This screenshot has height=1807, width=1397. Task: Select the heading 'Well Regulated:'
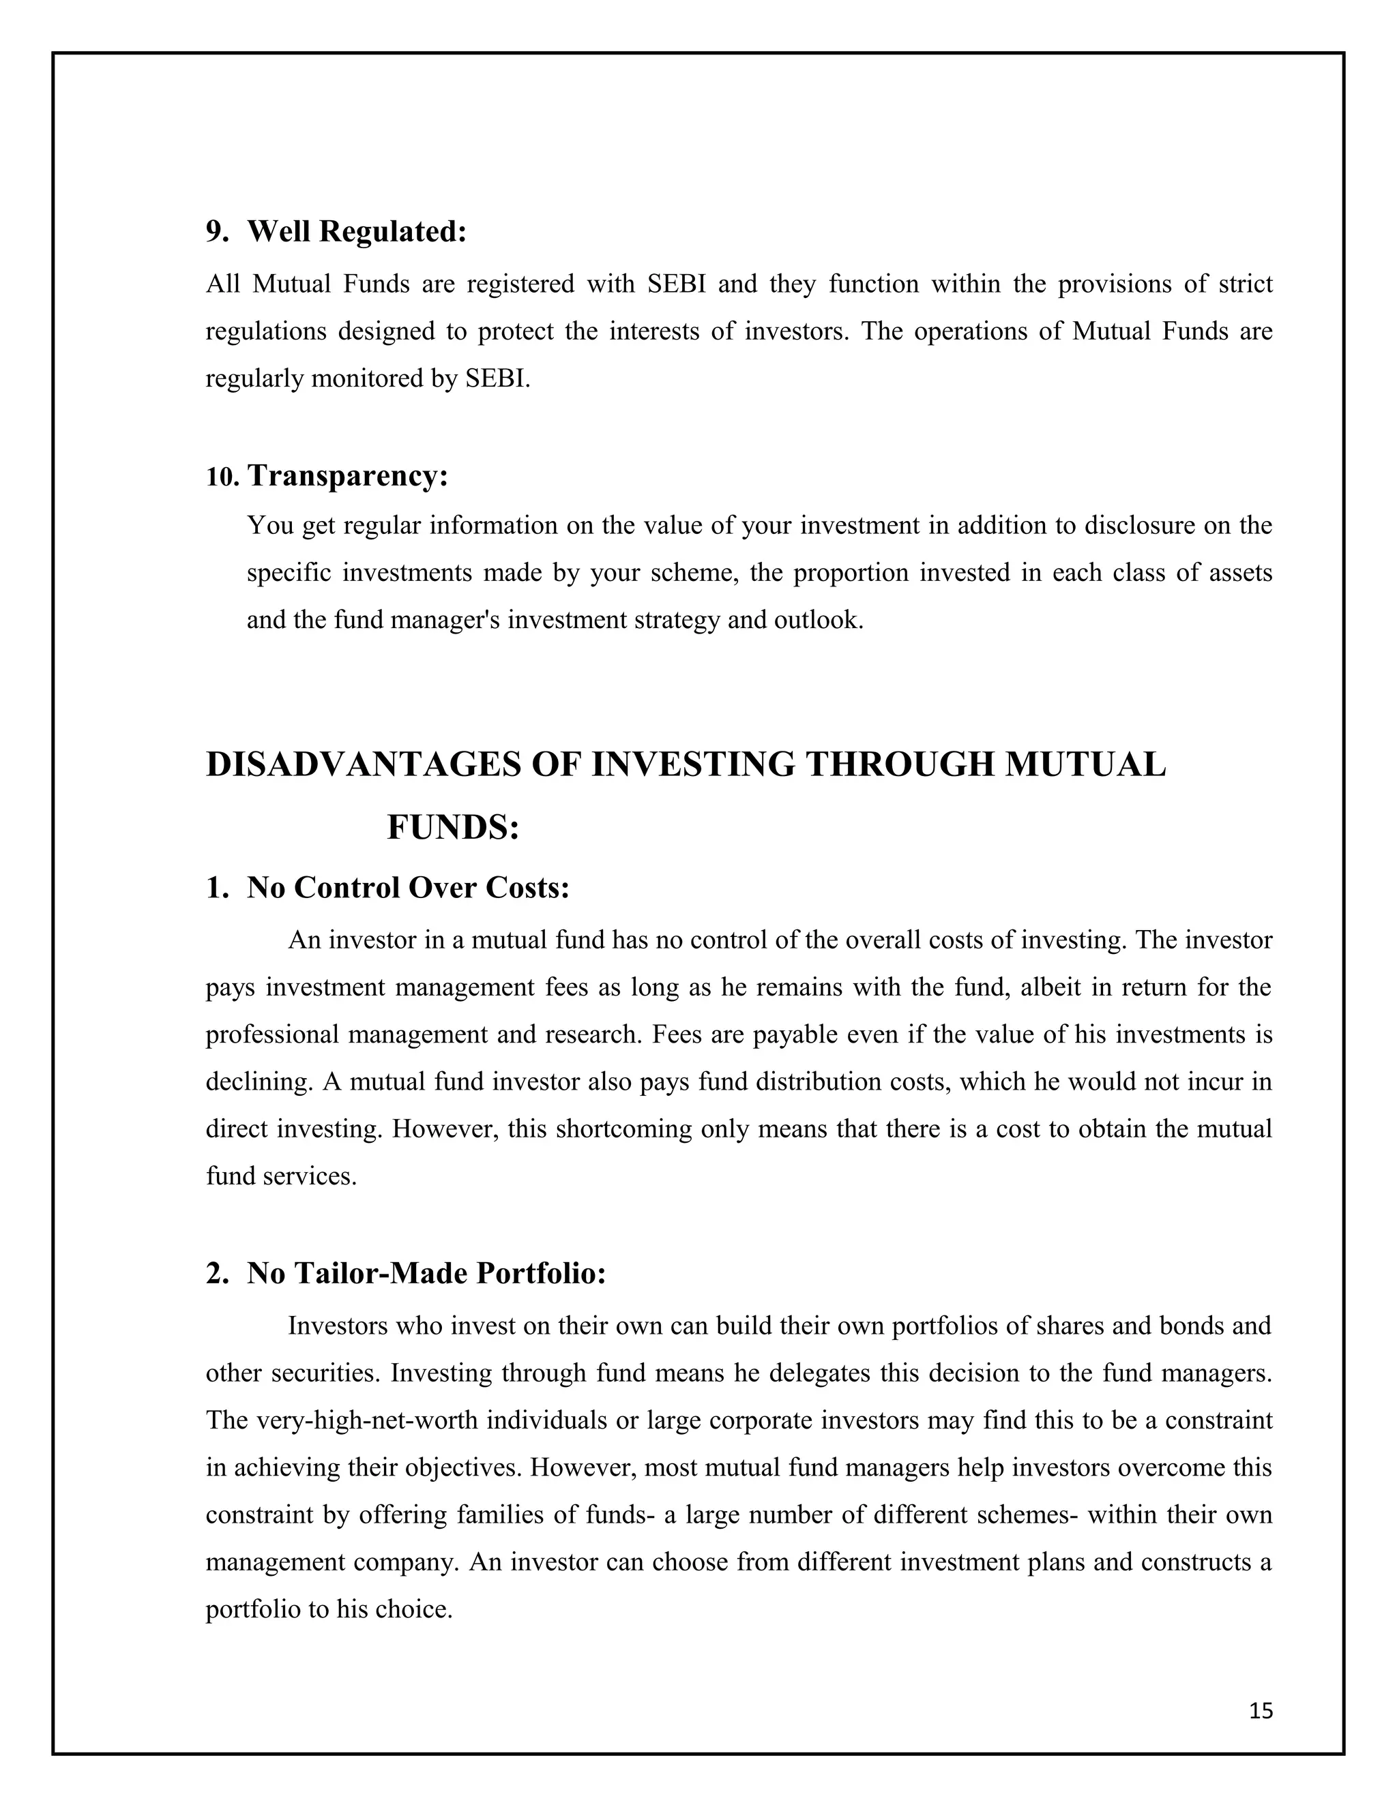click(357, 232)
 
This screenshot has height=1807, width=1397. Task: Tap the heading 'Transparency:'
click(348, 476)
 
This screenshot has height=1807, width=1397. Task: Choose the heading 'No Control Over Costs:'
click(408, 888)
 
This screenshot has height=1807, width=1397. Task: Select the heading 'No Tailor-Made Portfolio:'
click(426, 1273)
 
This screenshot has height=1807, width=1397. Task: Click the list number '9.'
click(217, 233)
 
